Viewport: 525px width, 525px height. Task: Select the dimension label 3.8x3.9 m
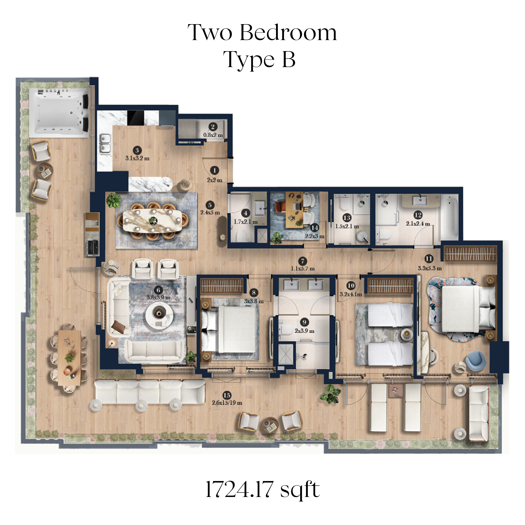click(x=159, y=297)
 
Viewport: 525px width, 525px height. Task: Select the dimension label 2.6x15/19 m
click(x=227, y=403)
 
